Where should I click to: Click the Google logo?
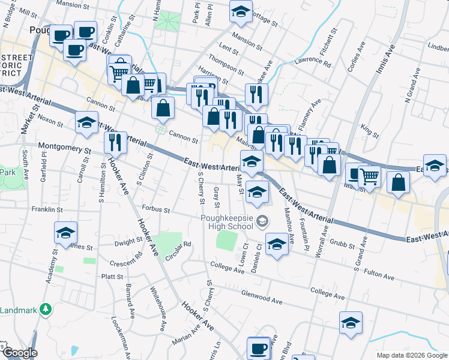[x=19, y=353]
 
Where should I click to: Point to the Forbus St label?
[x=156, y=211]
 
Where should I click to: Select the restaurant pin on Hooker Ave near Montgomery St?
[x=115, y=143]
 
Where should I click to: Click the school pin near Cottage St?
[x=241, y=12]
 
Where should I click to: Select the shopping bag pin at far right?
[x=398, y=181]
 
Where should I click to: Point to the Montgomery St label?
[x=64, y=146]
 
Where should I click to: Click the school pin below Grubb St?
[x=277, y=245]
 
